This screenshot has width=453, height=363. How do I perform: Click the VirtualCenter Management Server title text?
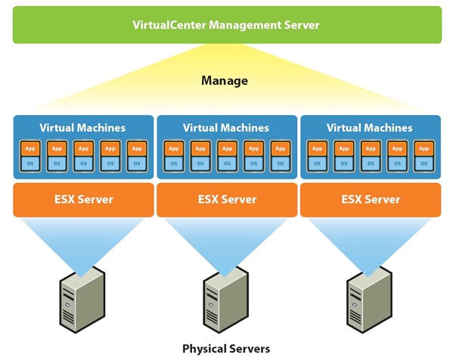227,25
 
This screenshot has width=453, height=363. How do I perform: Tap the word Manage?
224,80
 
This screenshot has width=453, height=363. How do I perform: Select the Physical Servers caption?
225,349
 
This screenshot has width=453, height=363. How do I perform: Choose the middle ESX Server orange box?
227,200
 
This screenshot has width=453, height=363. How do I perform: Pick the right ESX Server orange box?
371,200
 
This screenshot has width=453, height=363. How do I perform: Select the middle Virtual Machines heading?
227,128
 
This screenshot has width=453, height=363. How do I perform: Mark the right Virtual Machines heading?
371,128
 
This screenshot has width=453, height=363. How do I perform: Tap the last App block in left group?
137,148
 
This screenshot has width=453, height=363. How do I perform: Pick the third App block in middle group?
227,148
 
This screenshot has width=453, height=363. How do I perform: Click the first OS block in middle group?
174,163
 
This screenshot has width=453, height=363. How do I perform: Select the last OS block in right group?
424,163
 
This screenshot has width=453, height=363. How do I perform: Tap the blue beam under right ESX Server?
370,238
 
